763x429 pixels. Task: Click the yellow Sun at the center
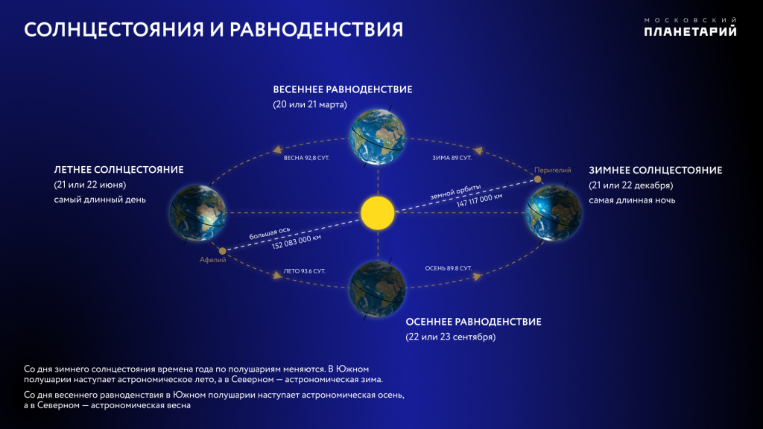click(x=378, y=213)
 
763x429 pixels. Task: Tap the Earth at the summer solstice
click(x=197, y=212)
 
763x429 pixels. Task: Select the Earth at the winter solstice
click(x=554, y=212)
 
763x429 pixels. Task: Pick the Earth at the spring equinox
click(x=378, y=137)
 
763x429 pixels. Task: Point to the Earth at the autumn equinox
click(x=378, y=289)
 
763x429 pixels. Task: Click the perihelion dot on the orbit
click(x=538, y=179)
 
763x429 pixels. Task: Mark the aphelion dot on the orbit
click(x=222, y=251)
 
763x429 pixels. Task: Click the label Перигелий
click(x=552, y=170)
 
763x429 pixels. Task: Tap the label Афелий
click(x=212, y=260)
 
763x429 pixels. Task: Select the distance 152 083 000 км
click(x=297, y=242)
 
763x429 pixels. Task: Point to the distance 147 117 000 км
click(x=479, y=200)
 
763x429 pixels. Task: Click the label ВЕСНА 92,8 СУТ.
click(x=306, y=158)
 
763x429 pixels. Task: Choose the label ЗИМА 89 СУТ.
click(x=452, y=158)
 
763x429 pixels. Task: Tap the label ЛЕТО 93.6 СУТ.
click(x=305, y=271)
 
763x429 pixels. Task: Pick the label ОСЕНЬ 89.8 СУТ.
click(x=449, y=268)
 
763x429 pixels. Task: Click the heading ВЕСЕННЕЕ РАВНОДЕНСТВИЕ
click(x=343, y=89)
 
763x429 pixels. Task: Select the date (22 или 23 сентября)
click(x=451, y=337)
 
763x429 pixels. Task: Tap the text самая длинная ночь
click(x=632, y=200)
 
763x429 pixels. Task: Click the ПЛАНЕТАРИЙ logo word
click(x=690, y=31)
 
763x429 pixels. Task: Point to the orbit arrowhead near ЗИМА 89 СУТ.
click(x=479, y=150)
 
